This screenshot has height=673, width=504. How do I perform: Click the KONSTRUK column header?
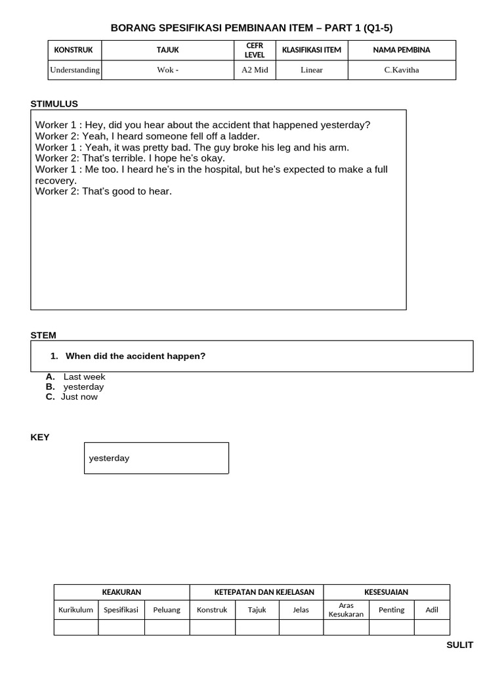pyautogui.click(x=73, y=50)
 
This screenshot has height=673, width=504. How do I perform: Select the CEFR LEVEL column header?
pyautogui.click(x=255, y=50)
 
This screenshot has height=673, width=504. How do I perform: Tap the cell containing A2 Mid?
pyautogui.click(x=255, y=70)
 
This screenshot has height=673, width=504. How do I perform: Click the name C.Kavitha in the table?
pyautogui.click(x=401, y=70)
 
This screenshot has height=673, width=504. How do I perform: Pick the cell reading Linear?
pyautogui.click(x=311, y=70)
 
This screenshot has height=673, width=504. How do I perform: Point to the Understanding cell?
pyautogui.click(x=75, y=70)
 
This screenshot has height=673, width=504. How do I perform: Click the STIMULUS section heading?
pyautogui.click(x=54, y=104)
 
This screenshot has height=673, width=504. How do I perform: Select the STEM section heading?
pyautogui.click(x=43, y=335)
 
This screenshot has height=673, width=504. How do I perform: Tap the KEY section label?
pyautogui.click(x=40, y=437)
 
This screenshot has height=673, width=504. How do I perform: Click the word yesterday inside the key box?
pyautogui.click(x=109, y=458)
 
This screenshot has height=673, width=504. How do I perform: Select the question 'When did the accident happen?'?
pyautogui.click(x=135, y=356)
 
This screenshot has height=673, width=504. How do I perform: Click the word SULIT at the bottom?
pyautogui.click(x=459, y=645)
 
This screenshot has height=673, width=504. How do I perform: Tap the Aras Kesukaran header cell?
pyautogui.click(x=346, y=609)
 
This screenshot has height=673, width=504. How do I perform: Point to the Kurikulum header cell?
pyautogui.click(x=75, y=609)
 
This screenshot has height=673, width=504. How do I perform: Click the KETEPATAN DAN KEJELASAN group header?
pyautogui.click(x=256, y=592)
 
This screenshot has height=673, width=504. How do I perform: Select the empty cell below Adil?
pyautogui.click(x=432, y=627)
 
